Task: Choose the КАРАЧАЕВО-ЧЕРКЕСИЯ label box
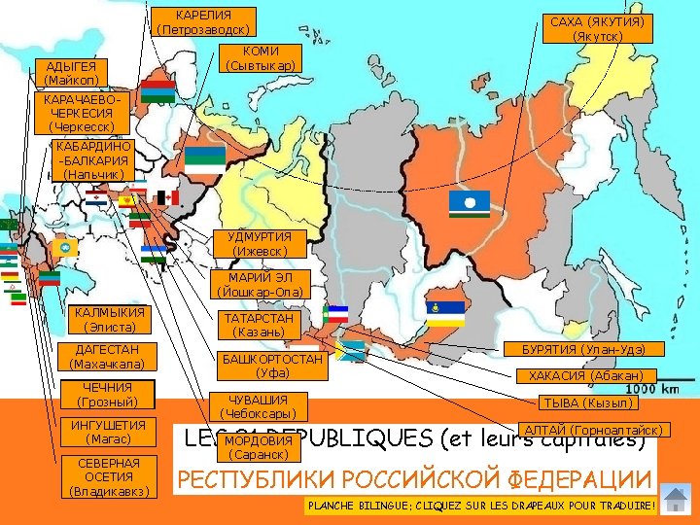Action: point(81,113)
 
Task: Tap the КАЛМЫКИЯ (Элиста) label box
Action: point(109,319)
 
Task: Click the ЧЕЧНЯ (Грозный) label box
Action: point(107,395)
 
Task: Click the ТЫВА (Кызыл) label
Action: point(587,402)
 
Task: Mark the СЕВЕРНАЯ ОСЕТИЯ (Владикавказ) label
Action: point(109,476)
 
